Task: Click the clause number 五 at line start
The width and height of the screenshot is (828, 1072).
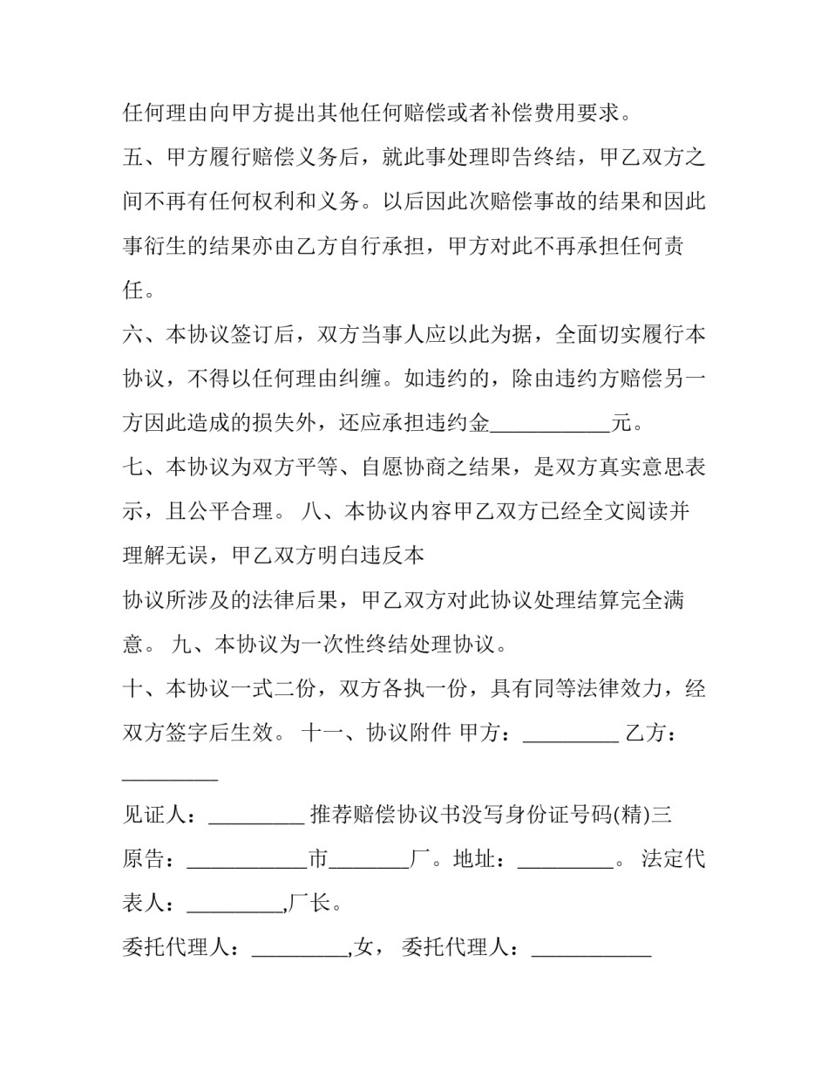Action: coord(133,158)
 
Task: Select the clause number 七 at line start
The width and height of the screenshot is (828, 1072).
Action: coord(133,468)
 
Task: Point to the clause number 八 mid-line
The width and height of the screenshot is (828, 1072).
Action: coord(310,512)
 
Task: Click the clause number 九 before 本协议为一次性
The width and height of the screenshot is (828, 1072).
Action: coord(182,645)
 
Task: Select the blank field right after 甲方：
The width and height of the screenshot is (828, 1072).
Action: coord(570,735)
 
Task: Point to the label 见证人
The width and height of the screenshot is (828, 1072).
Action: coord(155,816)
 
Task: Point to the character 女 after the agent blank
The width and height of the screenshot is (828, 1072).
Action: coord(365,947)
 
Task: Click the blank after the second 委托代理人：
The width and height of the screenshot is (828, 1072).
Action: coord(591,949)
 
